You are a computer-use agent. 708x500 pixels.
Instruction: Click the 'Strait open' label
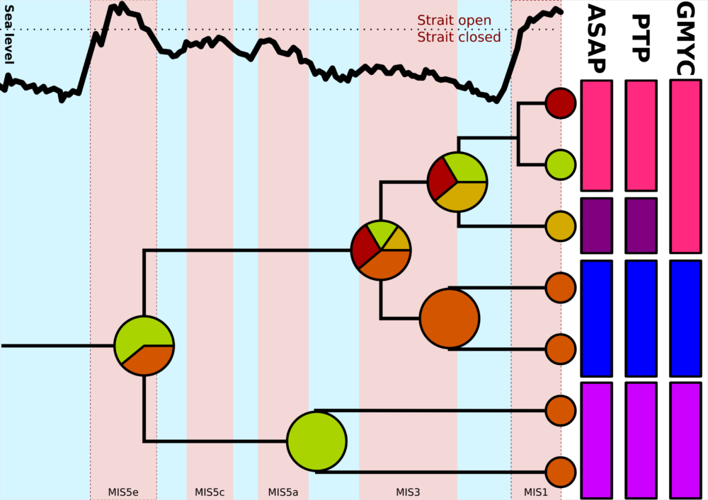coord(454,21)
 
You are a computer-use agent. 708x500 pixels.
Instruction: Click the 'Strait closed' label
coord(459,37)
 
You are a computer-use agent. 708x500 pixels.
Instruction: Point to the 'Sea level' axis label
coord(8,35)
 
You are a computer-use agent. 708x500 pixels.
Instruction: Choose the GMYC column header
coord(686,39)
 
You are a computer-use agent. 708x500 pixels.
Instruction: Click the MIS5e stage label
coord(123,492)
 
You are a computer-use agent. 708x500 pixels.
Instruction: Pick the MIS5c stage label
coord(210,492)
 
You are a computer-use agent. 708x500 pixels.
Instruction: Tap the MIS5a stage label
coord(283,492)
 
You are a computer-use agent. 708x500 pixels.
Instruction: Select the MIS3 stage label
coord(408,492)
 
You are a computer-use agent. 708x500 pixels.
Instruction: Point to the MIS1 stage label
coord(536,492)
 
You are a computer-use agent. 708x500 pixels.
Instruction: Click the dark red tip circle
coord(560,103)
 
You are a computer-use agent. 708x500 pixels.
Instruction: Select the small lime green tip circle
coord(560,165)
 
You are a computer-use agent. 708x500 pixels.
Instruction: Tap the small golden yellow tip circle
coord(560,226)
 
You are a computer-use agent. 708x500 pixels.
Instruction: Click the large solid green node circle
coord(316,441)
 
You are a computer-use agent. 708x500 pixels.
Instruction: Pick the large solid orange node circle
coord(450,318)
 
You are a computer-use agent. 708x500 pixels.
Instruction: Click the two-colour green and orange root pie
coord(144,346)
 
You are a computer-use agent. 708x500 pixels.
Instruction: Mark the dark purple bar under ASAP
coord(596,226)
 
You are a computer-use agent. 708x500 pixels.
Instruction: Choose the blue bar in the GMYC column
coord(686,318)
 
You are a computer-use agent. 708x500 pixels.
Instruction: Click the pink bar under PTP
coord(641,136)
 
